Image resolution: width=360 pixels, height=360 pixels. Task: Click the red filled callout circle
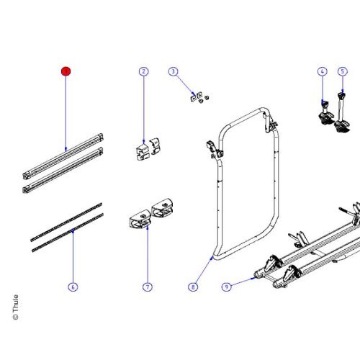click(x=66, y=71)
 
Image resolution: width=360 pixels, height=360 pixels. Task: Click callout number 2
click(x=143, y=71)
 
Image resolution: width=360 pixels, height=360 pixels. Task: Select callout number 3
click(x=173, y=71)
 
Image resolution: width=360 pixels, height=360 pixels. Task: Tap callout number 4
click(x=322, y=71)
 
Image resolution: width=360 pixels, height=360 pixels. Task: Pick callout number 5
click(x=342, y=71)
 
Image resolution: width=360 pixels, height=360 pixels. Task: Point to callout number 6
click(x=73, y=287)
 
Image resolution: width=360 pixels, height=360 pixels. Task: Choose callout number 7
click(x=147, y=287)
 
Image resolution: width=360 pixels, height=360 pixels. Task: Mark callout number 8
click(x=193, y=287)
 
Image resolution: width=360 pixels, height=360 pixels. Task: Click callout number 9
click(x=226, y=287)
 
